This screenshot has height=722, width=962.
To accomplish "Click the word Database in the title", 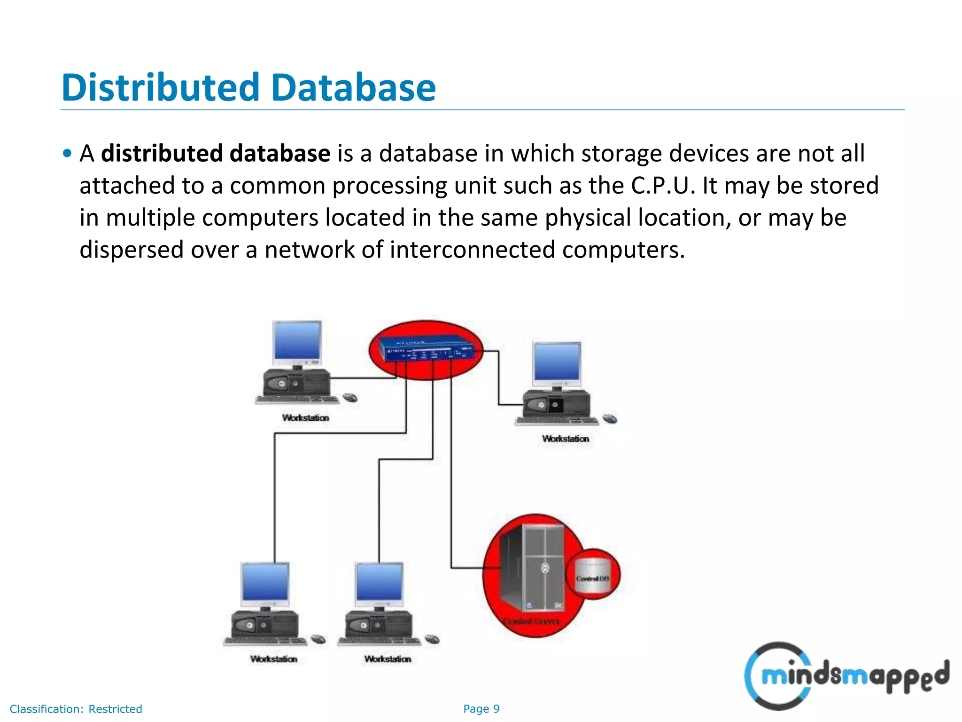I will [x=353, y=87].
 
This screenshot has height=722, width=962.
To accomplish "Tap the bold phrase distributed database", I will [x=216, y=154].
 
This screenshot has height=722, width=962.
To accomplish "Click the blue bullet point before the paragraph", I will [x=68, y=153].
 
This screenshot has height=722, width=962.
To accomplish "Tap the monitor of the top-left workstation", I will [x=297, y=340].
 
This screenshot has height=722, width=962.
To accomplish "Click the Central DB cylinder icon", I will [x=593, y=576].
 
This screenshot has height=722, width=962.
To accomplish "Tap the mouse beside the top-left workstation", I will [x=350, y=398].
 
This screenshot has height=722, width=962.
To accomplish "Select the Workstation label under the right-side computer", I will [x=566, y=439].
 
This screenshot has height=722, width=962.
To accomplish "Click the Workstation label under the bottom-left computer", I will [x=274, y=659].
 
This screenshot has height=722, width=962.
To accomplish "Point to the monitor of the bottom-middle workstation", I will [x=380, y=582].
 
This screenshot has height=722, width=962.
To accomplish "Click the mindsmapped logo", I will [x=846, y=675].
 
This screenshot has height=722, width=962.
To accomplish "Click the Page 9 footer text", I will [x=481, y=709].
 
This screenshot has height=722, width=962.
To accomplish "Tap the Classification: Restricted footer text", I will [x=76, y=709].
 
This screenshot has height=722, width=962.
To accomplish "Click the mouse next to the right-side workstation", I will [x=610, y=418].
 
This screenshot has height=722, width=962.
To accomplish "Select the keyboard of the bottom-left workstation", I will [x=265, y=641].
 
